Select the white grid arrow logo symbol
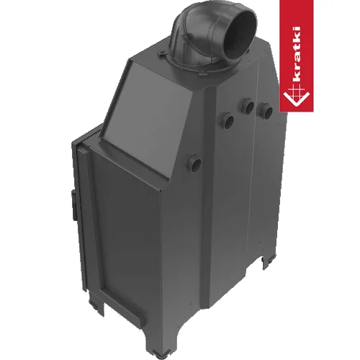(x=296, y=97)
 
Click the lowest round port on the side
(x=194, y=163)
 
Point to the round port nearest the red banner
(x=265, y=111)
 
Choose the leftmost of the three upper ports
(x=226, y=120)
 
